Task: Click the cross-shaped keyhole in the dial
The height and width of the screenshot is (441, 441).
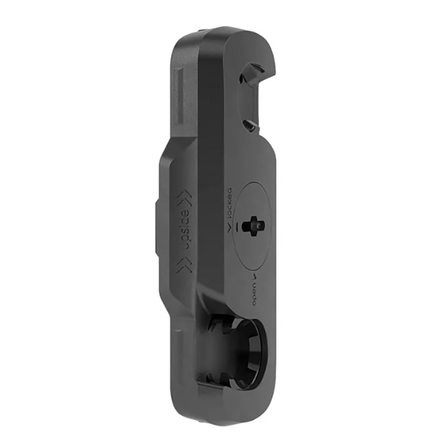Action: tap(253, 224)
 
